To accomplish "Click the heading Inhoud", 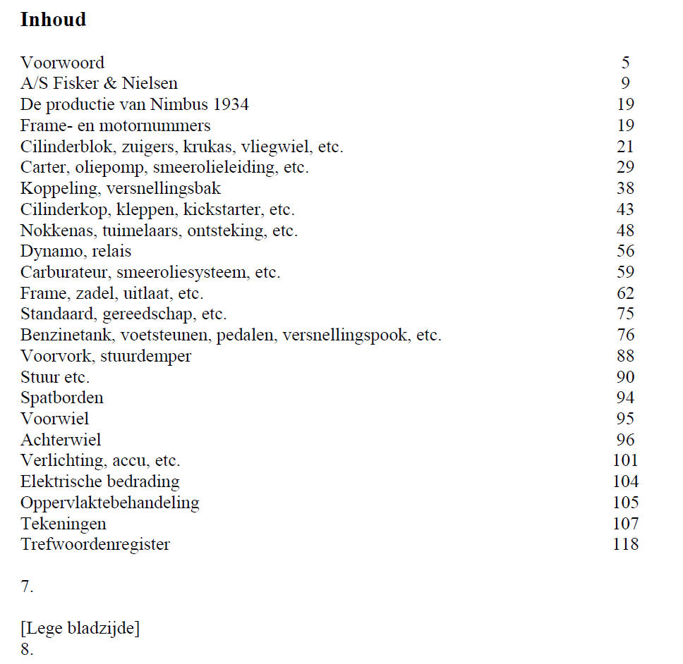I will point(53,20).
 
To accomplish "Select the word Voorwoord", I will point(62,63).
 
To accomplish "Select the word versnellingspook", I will point(345,336).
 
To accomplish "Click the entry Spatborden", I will point(61,398).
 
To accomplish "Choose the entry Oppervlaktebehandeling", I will point(109,503).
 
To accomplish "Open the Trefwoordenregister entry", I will point(95,545).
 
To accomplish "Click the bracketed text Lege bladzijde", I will point(80,629).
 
